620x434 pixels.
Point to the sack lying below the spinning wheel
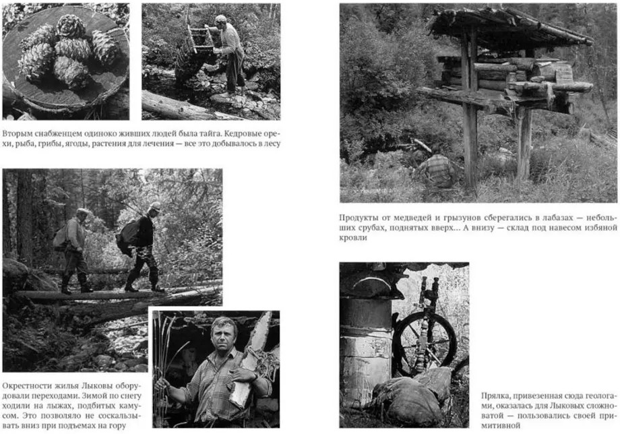pyautogui.click(x=410, y=397)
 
